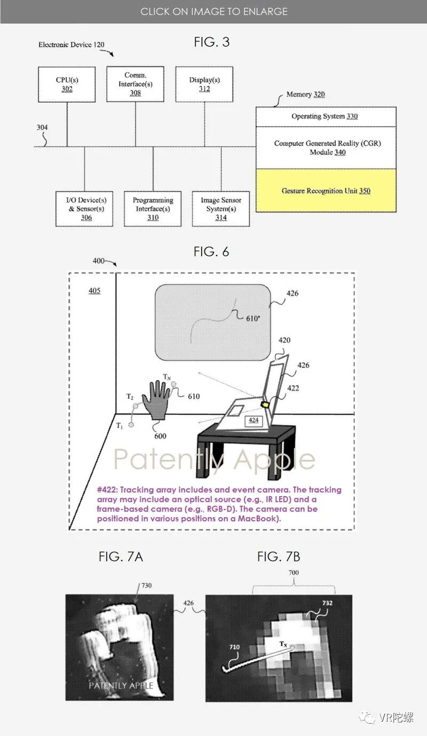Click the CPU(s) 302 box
[67, 84]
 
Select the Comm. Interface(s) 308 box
[135, 84]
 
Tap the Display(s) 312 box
[204, 84]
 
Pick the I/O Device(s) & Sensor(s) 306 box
[84, 209]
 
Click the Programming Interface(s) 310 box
[153, 209]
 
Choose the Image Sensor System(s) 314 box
[221, 209]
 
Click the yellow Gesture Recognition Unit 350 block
[326, 191]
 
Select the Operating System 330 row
[326, 116]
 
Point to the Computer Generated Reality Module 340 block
[326, 148]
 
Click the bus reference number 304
[42, 128]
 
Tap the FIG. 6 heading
[211, 252]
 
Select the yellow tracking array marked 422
[265, 405]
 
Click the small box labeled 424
[253, 420]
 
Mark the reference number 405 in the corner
[94, 291]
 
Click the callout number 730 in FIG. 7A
[146, 585]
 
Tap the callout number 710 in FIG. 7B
[234, 647]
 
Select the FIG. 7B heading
[278, 557]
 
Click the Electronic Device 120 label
[71, 45]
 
